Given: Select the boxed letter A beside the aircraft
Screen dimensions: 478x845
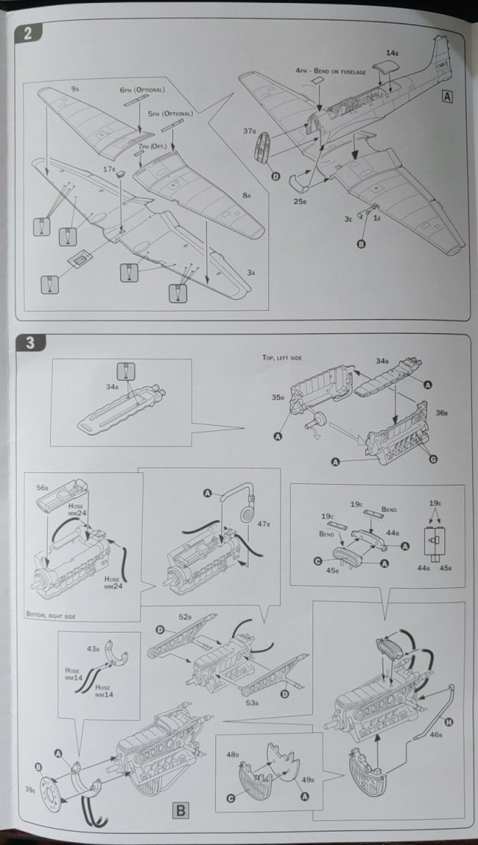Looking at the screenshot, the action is [447, 96].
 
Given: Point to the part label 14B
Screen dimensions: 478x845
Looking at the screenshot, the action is [393, 52].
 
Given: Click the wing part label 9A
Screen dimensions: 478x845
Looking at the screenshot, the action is [75, 89].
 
